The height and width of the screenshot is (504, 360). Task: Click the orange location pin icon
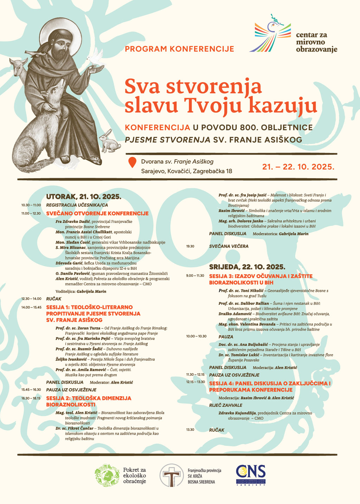132,163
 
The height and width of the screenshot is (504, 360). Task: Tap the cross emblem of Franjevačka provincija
171,476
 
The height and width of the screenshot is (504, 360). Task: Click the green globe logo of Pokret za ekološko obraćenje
107,476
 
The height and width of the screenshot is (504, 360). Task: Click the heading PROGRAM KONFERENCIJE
179,49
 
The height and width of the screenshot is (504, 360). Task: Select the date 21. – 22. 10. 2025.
298,167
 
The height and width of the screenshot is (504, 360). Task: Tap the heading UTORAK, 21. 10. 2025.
84,197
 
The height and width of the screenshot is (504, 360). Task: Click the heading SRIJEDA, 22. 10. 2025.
247,267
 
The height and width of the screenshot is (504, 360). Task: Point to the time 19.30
190,246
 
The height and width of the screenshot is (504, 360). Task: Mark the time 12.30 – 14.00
31,299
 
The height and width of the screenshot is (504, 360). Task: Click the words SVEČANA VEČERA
229,246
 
